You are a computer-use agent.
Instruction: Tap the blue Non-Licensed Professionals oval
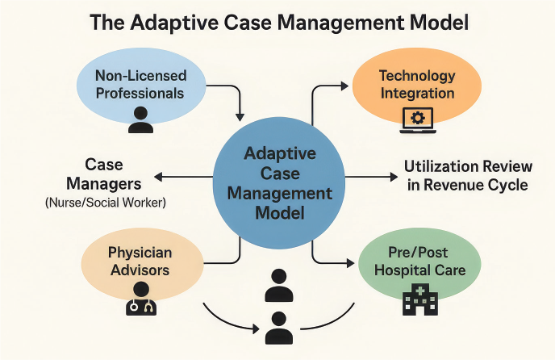click(x=140, y=84)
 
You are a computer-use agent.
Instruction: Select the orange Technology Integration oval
click(x=416, y=84)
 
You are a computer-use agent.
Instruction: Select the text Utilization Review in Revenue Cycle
click(x=467, y=175)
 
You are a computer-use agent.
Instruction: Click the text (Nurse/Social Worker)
click(x=106, y=203)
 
